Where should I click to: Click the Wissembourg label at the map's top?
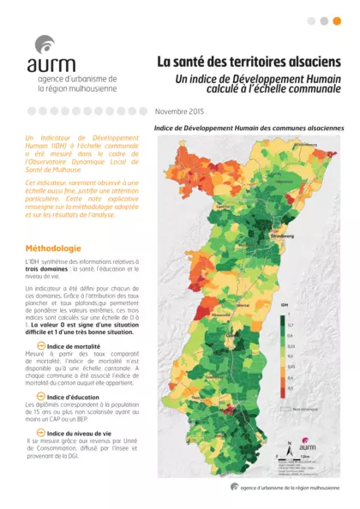tap(305, 145)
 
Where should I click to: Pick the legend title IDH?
tap(284, 303)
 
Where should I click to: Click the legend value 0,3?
tap(290, 387)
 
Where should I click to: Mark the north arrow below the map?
tap(289, 447)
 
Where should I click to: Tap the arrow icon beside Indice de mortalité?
tap(40, 345)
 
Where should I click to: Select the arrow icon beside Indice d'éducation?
tap(40, 397)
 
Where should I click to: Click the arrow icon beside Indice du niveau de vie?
tap(40, 433)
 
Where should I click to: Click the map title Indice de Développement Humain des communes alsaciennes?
tap(249, 128)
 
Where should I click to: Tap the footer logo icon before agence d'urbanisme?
tap(234, 486)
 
